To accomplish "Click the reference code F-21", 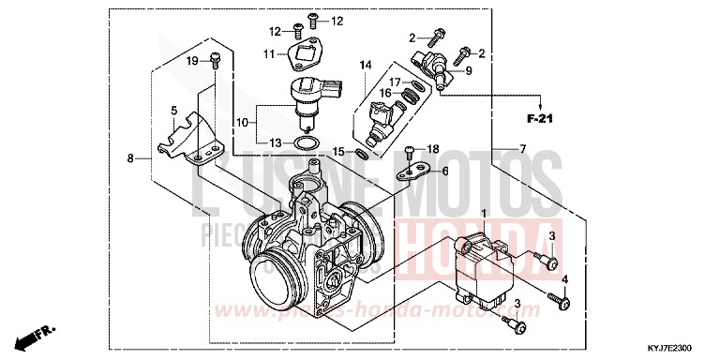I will pyautogui.click(x=542, y=118).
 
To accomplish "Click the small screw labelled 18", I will pyautogui.click(x=411, y=151).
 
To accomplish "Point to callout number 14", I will pyautogui.click(x=365, y=64).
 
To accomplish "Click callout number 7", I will pyautogui.click(x=522, y=149).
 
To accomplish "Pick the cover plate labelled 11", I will pyautogui.click(x=304, y=55).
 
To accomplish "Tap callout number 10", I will pyautogui.click(x=242, y=122).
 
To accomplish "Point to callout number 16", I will pyautogui.click(x=384, y=93).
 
